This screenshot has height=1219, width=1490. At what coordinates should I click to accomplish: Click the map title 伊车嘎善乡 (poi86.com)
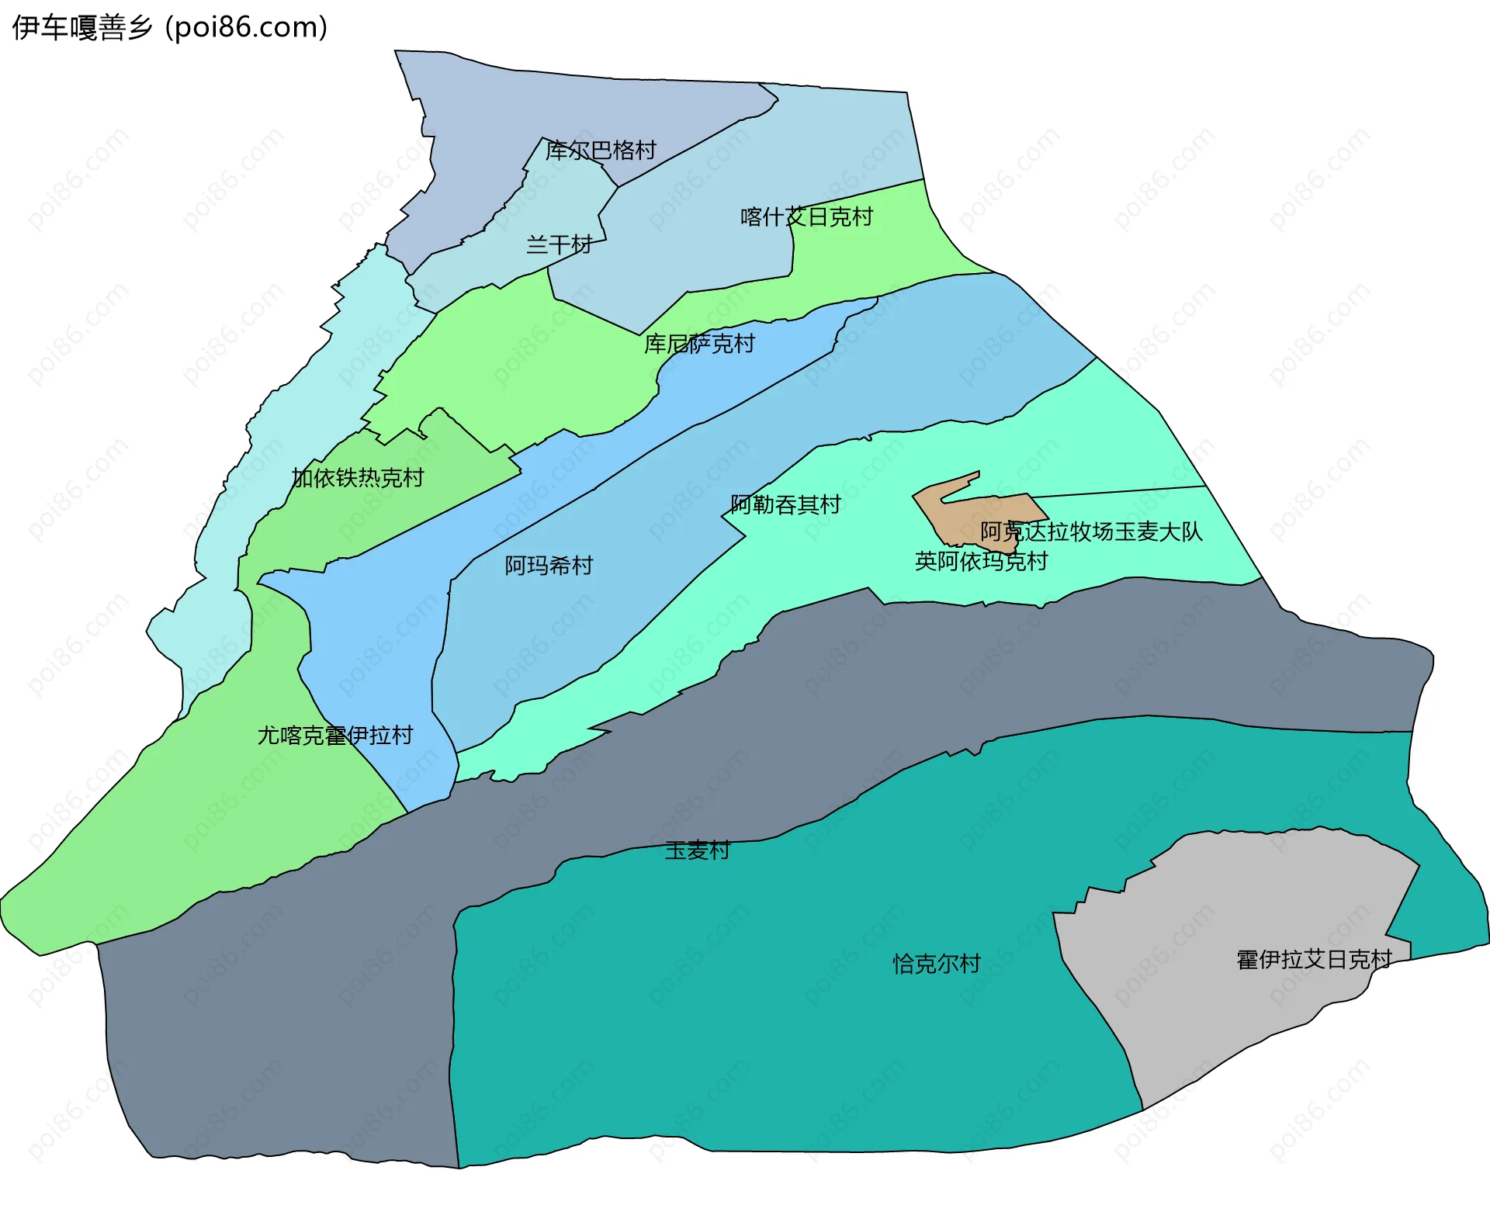170,28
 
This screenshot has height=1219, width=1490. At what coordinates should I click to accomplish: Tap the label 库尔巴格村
601,150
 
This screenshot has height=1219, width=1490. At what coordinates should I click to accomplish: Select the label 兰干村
559,245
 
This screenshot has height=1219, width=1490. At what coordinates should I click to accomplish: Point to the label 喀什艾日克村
806,216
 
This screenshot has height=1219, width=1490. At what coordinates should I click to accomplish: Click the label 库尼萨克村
699,344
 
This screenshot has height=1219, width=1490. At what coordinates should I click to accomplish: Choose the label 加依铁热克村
358,478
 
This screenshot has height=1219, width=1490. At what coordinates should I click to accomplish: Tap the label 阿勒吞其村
785,505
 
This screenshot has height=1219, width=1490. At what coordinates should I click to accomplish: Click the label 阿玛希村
549,566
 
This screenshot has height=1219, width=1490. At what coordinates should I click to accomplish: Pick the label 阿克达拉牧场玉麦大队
1091,532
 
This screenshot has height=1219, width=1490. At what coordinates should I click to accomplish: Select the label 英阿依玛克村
981,561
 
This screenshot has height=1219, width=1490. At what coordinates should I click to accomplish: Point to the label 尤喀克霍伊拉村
335,736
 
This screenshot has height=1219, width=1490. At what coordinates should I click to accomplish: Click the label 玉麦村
697,850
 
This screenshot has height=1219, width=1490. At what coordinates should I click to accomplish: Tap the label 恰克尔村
937,964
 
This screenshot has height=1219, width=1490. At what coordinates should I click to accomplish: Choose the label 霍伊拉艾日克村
1314,960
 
